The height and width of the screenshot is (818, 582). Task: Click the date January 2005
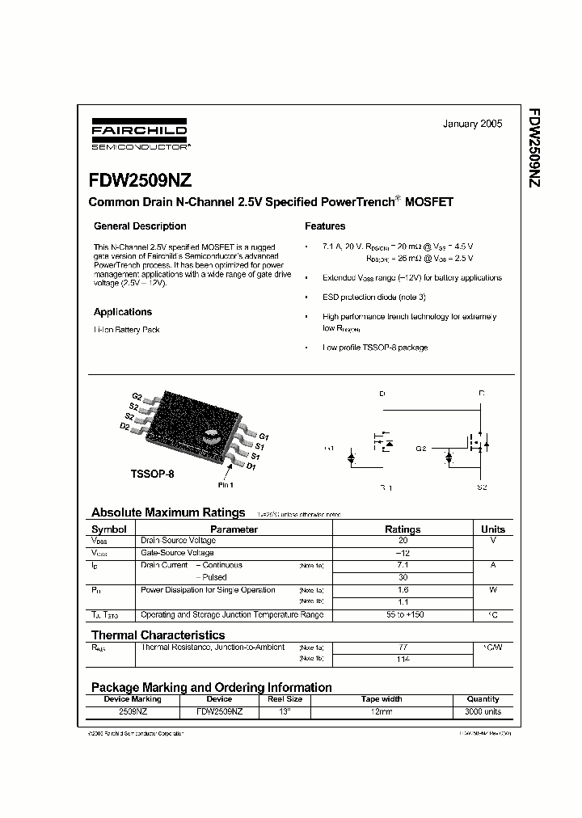tap(472, 124)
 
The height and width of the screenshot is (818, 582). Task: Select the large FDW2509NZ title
tap(135, 182)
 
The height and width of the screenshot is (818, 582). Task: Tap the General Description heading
tap(140, 226)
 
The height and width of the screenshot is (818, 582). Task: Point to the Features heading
tap(325, 226)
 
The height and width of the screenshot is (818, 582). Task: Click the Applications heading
tap(123, 312)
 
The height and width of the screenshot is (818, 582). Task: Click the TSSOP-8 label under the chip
tap(152, 474)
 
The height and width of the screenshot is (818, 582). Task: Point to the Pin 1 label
tap(226, 485)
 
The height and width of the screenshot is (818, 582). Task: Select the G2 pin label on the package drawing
tap(137, 397)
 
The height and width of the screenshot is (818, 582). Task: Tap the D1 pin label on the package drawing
tap(251, 466)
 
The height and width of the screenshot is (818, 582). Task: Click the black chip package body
tap(194, 424)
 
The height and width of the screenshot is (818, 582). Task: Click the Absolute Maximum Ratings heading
tap(168, 512)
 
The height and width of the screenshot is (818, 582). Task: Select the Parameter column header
tap(234, 529)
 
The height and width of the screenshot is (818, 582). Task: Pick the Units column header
tap(492, 529)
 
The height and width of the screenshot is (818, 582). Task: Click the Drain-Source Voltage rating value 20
tap(403, 541)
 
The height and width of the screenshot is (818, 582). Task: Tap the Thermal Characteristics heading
tap(158, 635)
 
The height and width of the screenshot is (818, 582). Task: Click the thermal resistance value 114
tap(403, 660)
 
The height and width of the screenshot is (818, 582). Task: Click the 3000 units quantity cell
tap(483, 712)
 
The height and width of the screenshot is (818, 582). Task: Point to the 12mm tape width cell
tap(381, 712)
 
